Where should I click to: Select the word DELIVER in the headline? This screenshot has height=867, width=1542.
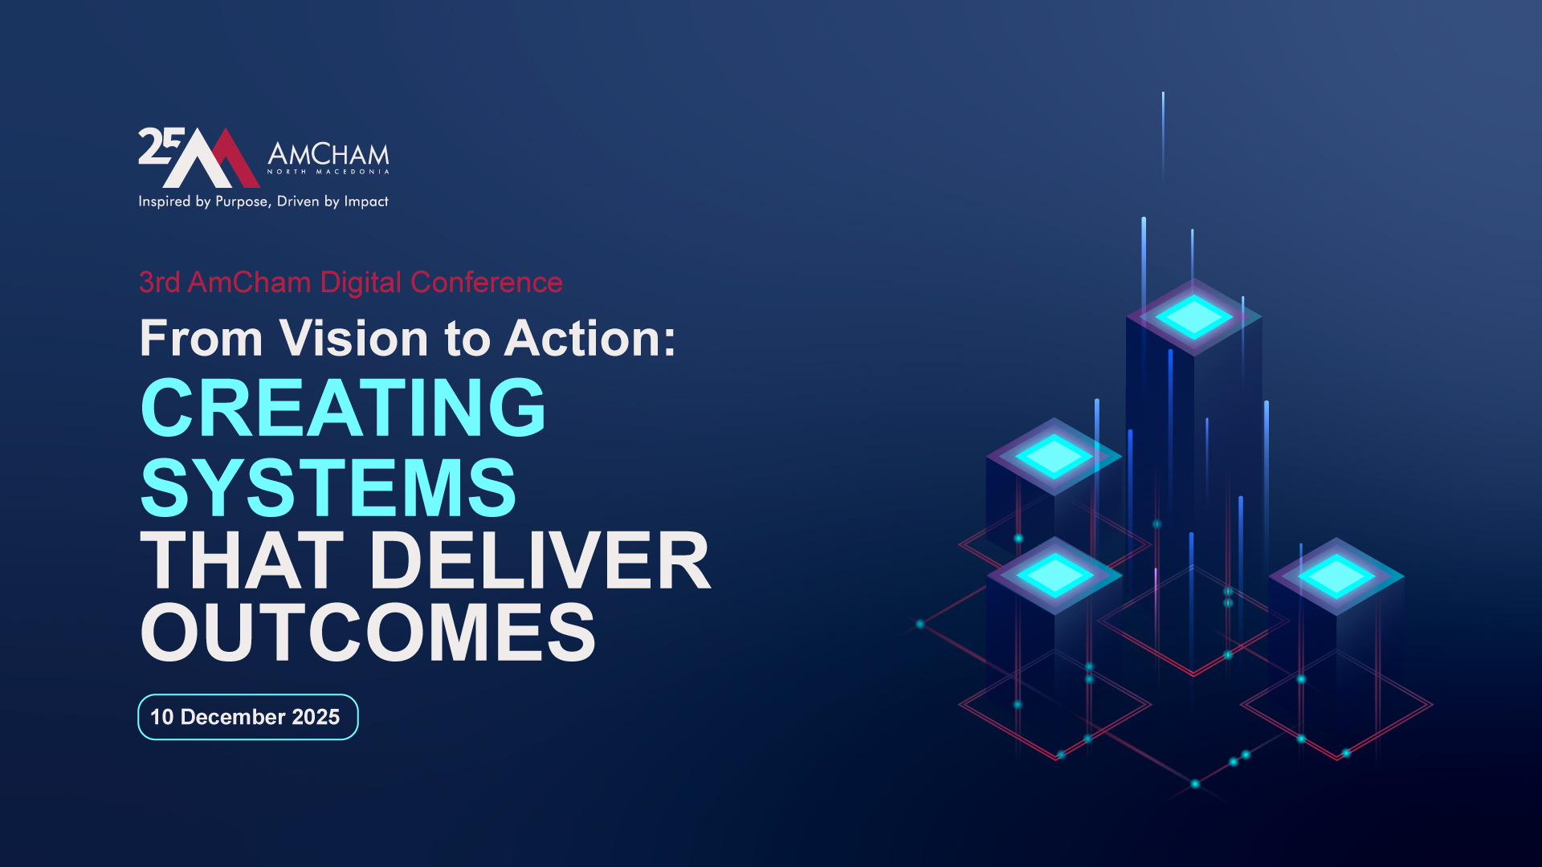540,560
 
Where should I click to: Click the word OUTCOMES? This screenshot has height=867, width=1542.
368,633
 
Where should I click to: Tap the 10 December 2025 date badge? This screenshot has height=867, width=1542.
248,717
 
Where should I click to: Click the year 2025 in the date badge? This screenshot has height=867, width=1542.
316,717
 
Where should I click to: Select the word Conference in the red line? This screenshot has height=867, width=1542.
487,283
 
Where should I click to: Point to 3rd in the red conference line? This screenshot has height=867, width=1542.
159,283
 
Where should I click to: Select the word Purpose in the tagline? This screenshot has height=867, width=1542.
241,201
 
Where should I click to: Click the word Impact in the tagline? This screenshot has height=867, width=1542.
366,201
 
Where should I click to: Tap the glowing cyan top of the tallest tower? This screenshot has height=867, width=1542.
1194,316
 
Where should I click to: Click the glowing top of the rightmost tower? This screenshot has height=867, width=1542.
1336,576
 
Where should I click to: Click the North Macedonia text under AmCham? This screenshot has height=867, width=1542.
328,172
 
